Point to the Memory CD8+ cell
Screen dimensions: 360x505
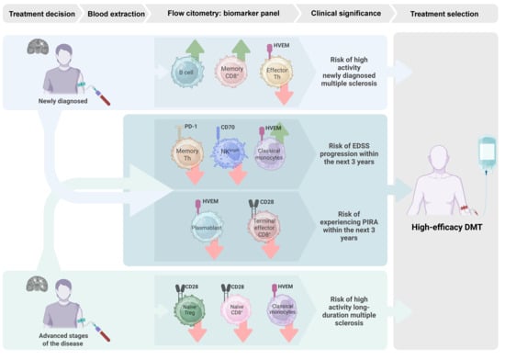[x=231, y=73]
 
